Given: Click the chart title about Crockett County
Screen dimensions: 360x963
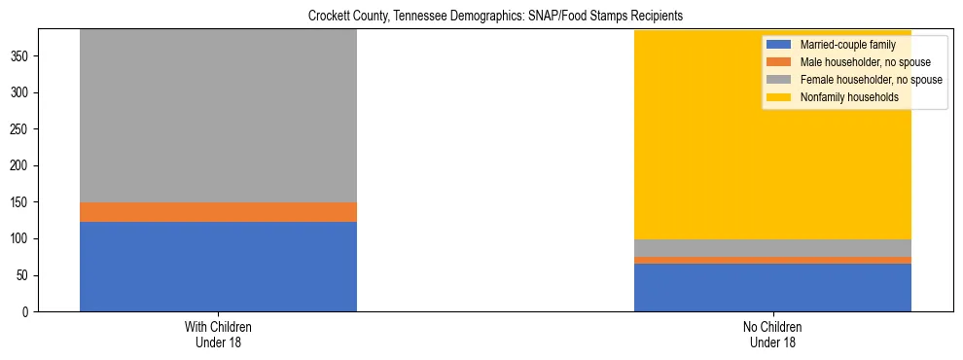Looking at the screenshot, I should [x=481, y=17].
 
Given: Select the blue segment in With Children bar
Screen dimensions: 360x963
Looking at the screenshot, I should [x=218, y=267].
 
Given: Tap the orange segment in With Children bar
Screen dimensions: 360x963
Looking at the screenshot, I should [x=218, y=212].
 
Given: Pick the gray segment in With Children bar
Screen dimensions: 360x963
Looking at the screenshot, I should [x=218, y=116].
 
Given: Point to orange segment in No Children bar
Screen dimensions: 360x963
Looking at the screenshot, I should [x=772, y=260].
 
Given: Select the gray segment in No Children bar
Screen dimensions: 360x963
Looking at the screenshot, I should [x=772, y=248].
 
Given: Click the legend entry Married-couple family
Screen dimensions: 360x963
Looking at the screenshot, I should [x=847, y=45].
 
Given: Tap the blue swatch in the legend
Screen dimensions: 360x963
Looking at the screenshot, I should [x=779, y=45].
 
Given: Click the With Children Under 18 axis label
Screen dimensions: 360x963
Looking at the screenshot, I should [x=218, y=334].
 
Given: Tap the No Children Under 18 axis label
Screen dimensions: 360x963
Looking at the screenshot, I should [x=772, y=334].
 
